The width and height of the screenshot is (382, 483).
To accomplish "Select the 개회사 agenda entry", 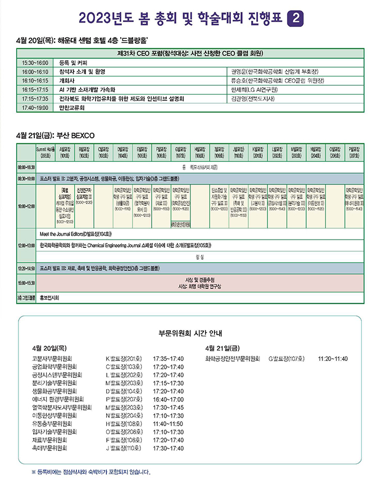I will click(x=69, y=80).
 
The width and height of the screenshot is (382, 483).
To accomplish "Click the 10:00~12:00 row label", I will click(x=26, y=206).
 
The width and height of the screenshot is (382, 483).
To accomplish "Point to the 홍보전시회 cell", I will click(x=53, y=299).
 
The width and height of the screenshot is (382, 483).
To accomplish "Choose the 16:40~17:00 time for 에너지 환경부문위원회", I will click(x=168, y=399).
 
